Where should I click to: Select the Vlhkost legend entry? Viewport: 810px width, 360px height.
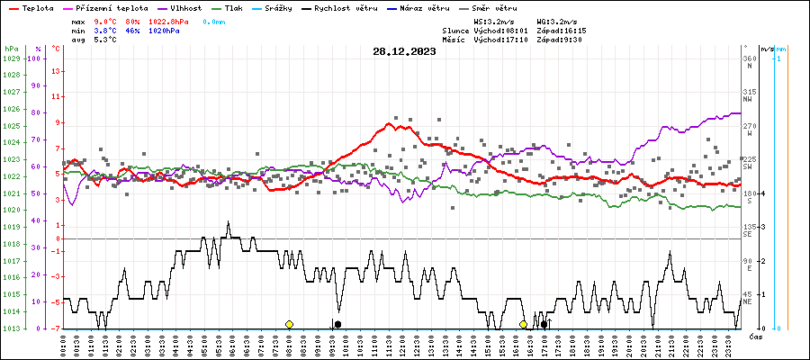[x=184, y=7]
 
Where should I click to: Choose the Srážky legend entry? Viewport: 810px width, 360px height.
[x=291, y=7]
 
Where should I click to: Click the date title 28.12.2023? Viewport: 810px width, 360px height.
[x=404, y=51]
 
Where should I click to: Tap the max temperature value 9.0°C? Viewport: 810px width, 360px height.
[x=106, y=21]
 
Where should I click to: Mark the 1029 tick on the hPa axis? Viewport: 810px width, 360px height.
[x=12, y=58]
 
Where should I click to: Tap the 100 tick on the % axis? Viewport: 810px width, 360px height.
[x=35, y=58]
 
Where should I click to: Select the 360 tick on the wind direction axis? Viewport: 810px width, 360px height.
[x=749, y=58]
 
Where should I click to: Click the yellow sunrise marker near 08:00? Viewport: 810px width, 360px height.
[x=289, y=324]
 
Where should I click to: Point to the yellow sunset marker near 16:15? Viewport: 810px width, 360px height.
[x=523, y=324]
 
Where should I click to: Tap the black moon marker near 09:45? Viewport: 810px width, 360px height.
[x=337, y=324]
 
